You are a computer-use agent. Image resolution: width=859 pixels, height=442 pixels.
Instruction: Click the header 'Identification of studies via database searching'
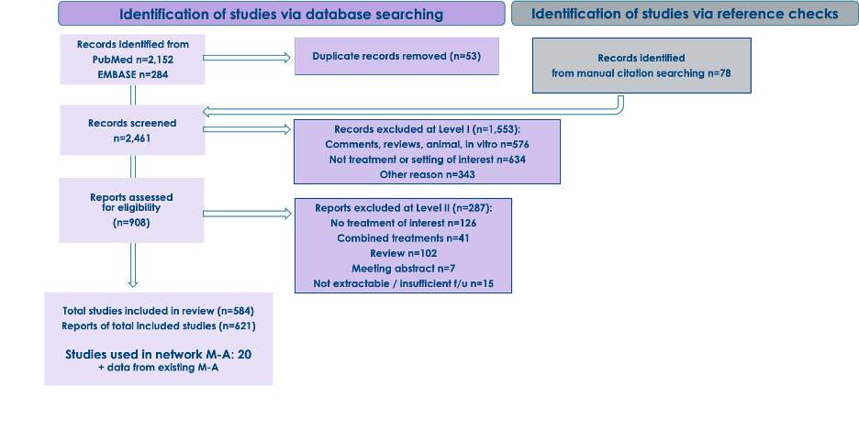coord(281,14)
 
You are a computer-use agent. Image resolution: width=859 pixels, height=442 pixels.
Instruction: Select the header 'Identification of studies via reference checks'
coord(684,14)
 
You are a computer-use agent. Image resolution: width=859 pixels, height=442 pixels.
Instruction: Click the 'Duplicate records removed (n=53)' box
coord(396,56)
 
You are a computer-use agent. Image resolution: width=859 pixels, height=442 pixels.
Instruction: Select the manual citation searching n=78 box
coord(641,65)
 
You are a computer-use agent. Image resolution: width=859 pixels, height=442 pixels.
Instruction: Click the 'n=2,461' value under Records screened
coord(132,138)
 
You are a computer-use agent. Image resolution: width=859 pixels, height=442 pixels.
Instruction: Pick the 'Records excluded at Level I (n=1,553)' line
coord(409,129)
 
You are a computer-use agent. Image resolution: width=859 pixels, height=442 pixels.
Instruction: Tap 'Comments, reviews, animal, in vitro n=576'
coord(409,144)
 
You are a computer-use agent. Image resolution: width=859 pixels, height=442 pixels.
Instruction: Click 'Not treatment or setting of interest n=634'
coord(409,159)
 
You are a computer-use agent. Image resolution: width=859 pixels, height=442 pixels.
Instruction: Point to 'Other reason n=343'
coord(409,173)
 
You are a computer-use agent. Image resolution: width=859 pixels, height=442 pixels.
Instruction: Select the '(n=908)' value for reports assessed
coord(131,223)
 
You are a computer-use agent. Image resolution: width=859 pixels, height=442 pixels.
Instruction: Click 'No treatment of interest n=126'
coord(403,223)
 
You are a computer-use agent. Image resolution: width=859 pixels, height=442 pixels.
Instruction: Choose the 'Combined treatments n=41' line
coord(403,238)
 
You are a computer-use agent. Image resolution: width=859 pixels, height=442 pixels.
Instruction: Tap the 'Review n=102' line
coord(403,253)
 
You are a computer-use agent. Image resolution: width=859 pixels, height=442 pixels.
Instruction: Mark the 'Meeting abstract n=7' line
coord(403,268)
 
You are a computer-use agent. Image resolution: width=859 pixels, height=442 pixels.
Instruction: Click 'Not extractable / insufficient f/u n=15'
coord(403,283)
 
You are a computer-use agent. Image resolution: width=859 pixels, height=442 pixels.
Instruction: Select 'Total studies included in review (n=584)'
coord(158,310)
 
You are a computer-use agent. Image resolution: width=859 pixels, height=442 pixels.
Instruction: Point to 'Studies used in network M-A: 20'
coord(158,354)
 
